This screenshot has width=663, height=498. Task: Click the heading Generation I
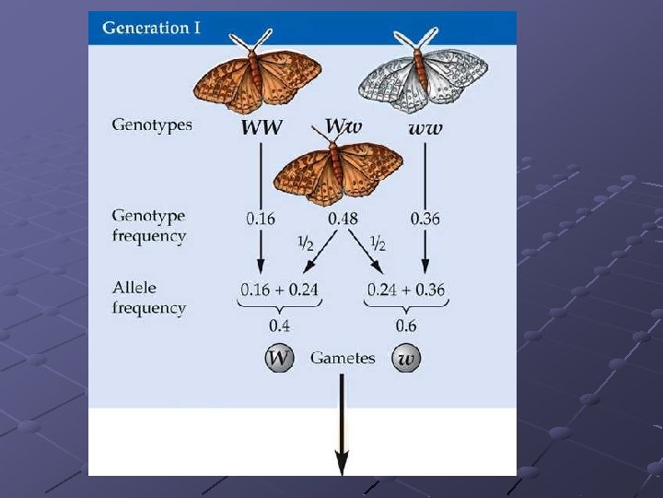pos(151,28)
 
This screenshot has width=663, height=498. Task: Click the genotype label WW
pos(262,128)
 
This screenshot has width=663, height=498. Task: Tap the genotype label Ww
pos(343,124)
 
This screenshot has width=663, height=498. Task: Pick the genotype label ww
pos(425,128)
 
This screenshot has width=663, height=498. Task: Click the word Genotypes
pos(152,124)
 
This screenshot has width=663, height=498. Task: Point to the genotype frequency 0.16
pos(261,219)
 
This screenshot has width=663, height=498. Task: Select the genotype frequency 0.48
pos(343,219)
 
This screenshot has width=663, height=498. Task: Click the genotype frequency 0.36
pos(425,219)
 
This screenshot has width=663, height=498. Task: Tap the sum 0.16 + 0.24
pos(278,290)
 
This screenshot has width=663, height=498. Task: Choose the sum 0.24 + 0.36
pos(405,290)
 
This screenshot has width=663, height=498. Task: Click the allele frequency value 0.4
pos(279,326)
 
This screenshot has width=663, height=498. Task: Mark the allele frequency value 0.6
pos(405,326)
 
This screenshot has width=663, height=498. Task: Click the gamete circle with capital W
pos(278,358)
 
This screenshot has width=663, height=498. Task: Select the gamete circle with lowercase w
pos(405,358)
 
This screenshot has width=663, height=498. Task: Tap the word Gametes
pos(343,358)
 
